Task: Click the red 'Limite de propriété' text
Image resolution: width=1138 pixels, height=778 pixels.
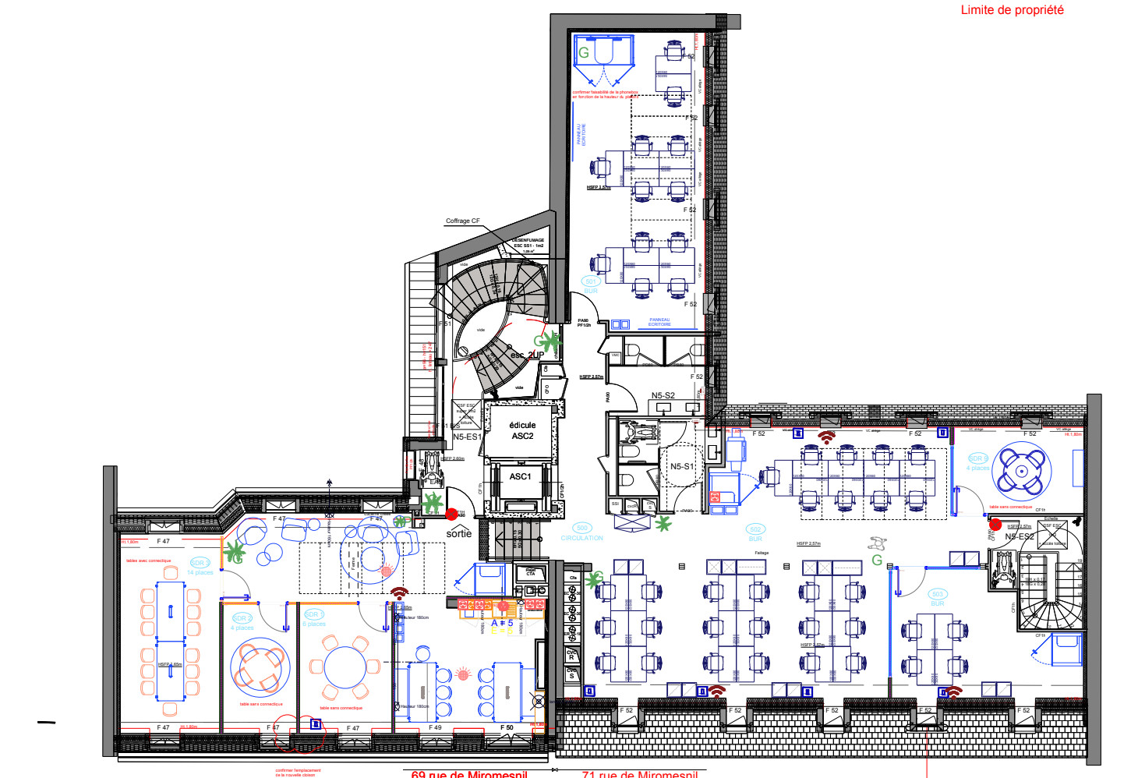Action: tap(1012, 10)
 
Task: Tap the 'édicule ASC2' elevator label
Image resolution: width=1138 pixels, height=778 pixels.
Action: tap(522, 430)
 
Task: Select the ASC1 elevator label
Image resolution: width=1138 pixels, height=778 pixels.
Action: tap(520, 476)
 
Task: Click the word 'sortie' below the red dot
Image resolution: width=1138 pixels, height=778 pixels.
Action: tap(459, 533)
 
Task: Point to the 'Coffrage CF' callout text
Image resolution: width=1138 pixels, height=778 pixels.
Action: tap(463, 221)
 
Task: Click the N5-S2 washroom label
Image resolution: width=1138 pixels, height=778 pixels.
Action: tap(663, 396)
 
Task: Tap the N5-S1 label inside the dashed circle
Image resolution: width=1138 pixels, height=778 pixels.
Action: tap(681, 466)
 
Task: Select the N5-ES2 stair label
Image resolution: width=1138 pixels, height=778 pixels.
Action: tap(1020, 536)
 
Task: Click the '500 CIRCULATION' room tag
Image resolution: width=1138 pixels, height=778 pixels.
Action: tap(581, 533)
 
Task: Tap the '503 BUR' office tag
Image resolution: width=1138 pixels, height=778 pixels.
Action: tap(937, 599)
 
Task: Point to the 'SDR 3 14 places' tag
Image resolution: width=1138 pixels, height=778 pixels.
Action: tap(200, 568)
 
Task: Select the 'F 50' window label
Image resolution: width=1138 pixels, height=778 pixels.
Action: tap(507, 728)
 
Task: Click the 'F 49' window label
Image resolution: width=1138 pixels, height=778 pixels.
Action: tap(435, 728)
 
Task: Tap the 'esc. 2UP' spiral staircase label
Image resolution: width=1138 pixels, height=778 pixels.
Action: tap(527, 355)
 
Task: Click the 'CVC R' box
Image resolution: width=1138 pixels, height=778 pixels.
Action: tap(571, 655)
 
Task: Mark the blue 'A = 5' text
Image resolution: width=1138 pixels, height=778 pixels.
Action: tap(502, 623)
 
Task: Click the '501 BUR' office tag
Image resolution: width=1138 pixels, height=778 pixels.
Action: tap(590, 286)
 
